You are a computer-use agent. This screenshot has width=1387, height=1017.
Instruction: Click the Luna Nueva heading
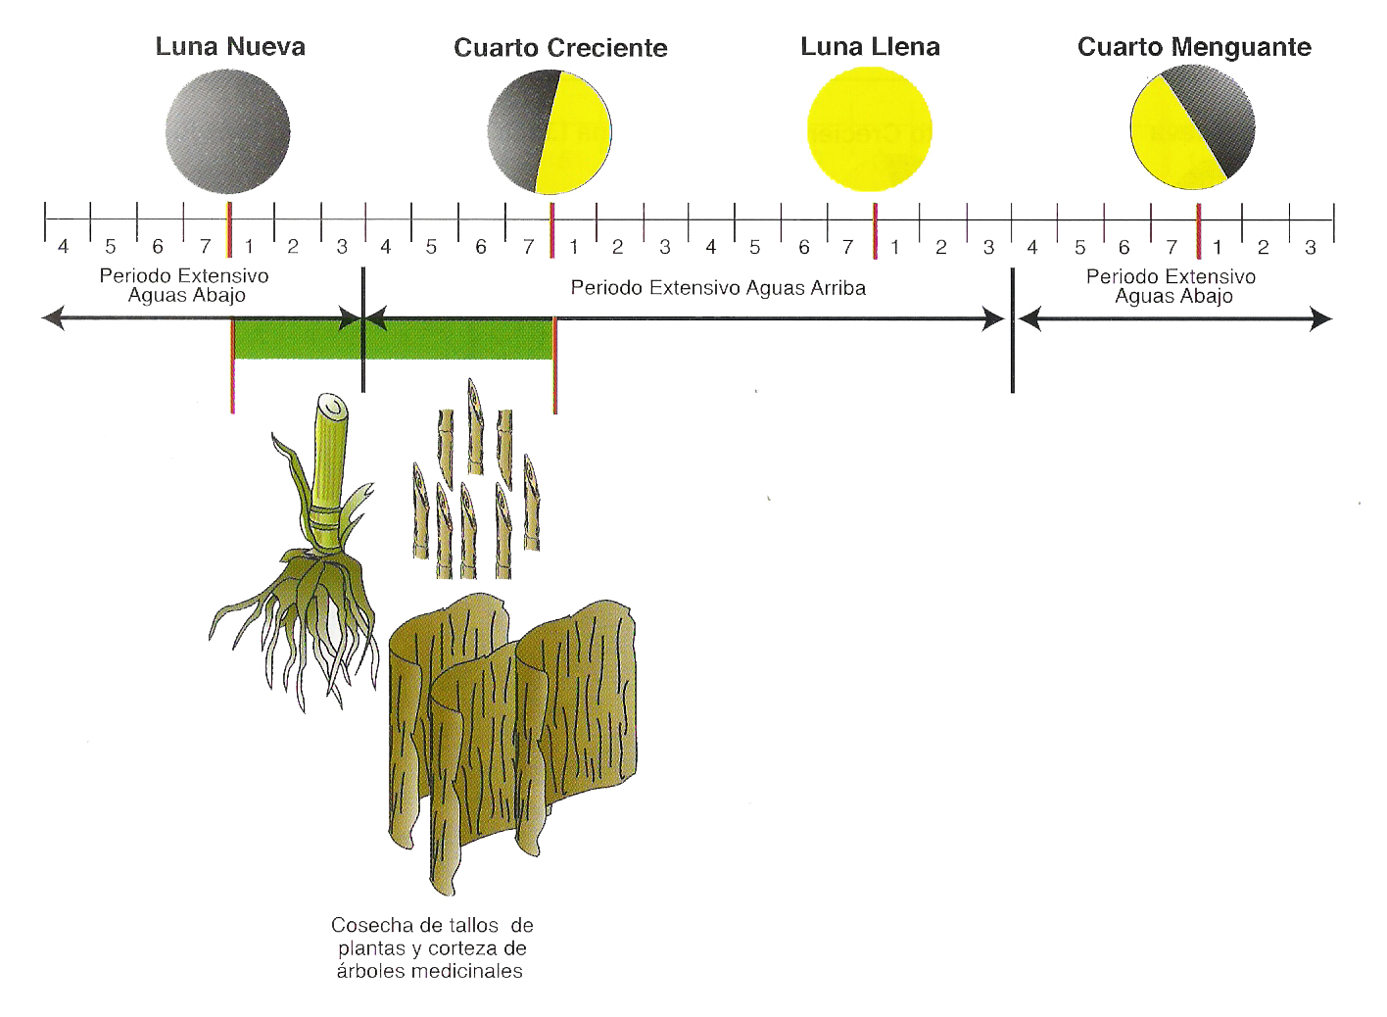click(230, 46)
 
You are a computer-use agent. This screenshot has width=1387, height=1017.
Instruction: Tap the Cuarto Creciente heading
click(560, 48)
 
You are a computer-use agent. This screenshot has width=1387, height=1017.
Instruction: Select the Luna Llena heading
click(870, 46)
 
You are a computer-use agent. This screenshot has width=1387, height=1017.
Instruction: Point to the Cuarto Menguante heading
click(1194, 47)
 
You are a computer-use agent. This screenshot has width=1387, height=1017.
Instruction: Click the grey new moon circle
click(227, 131)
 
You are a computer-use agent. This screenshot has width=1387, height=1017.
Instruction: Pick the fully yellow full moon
click(869, 131)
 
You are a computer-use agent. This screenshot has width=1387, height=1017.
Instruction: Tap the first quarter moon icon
click(550, 131)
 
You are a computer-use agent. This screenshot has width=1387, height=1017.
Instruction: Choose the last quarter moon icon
click(1192, 126)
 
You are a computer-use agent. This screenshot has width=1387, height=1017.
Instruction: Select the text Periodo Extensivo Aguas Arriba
click(718, 288)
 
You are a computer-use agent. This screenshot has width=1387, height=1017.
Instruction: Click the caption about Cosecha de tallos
click(431, 947)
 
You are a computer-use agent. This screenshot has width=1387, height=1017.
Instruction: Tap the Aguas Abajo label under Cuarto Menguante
click(1172, 297)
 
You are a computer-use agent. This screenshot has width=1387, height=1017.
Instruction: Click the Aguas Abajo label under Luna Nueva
click(185, 294)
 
